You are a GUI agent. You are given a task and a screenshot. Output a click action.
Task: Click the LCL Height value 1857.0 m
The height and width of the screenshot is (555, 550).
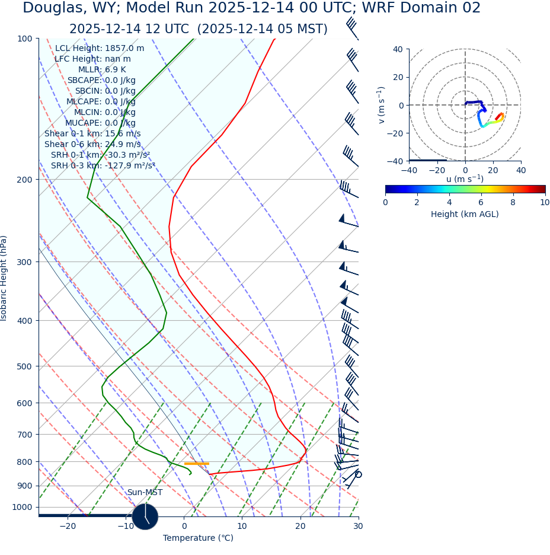click(x=124, y=49)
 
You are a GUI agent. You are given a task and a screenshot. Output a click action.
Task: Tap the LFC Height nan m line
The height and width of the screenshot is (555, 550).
click(x=92, y=59)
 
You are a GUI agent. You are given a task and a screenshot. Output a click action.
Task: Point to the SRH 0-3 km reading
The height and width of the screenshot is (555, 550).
click(x=103, y=166)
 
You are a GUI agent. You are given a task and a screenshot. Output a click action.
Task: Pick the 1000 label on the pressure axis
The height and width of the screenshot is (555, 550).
click(x=23, y=508)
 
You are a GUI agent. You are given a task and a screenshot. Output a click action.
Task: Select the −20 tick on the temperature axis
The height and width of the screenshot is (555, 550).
click(x=68, y=527)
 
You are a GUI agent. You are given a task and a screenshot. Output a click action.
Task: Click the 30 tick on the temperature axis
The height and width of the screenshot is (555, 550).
click(x=358, y=527)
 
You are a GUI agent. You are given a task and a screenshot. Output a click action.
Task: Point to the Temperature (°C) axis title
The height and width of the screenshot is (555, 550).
click(x=198, y=538)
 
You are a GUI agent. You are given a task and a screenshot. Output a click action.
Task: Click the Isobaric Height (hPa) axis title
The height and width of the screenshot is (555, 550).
click(x=4, y=278)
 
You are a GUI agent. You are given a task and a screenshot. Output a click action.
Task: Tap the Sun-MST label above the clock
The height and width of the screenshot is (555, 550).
click(x=145, y=493)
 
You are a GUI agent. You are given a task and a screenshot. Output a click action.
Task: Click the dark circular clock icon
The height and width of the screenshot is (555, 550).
click(x=145, y=516)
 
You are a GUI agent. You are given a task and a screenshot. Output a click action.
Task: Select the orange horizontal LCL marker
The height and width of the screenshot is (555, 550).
click(x=197, y=464)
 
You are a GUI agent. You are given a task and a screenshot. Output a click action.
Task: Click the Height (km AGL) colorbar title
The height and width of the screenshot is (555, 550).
click(x=465, y=215)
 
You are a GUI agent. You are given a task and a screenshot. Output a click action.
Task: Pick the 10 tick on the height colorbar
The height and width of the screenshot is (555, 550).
click(x=545, y=203)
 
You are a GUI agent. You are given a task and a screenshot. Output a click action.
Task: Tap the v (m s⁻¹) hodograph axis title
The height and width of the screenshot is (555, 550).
click(x=382, y=105)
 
